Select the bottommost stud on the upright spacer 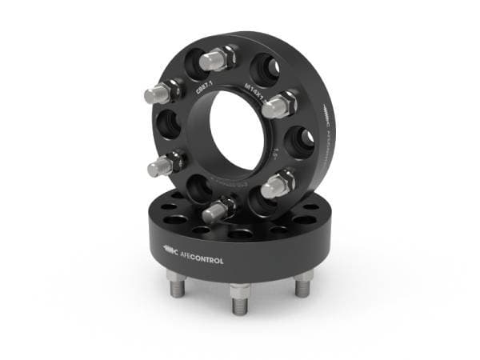[x=217, y=210]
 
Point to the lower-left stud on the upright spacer [x=161, y=166]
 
